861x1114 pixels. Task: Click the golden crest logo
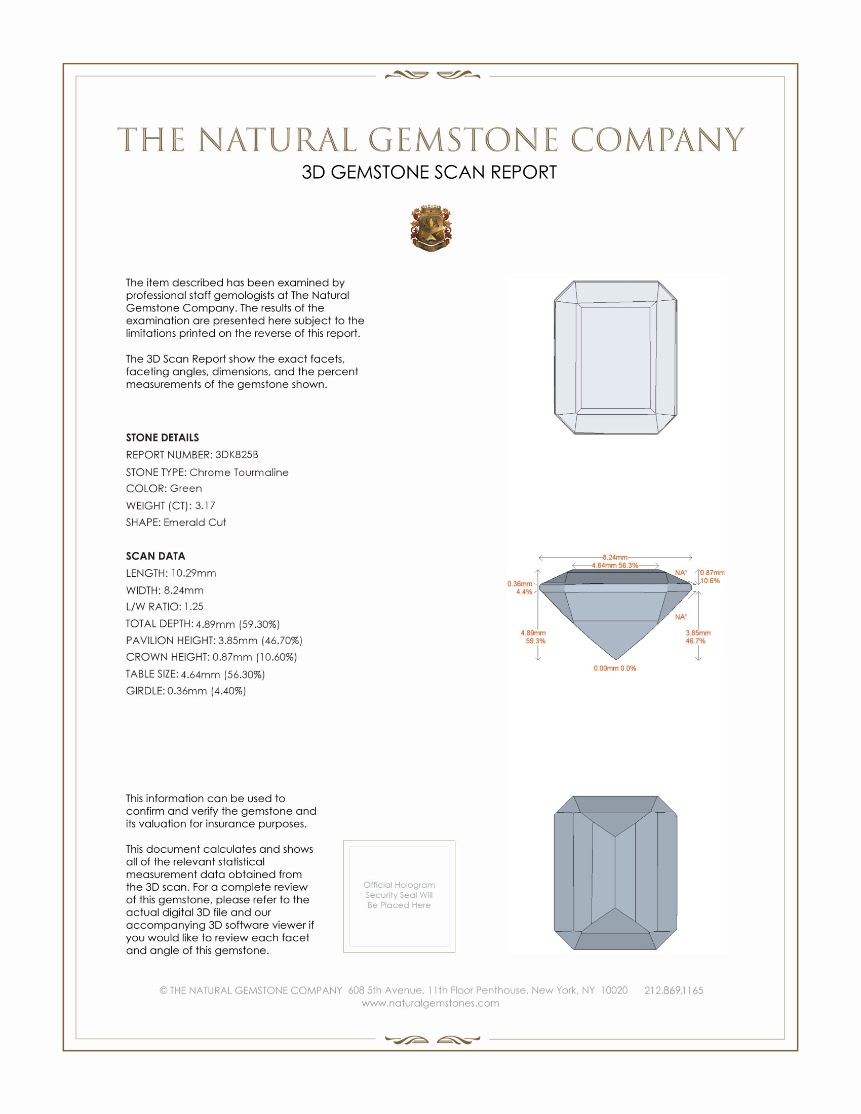(430, 228)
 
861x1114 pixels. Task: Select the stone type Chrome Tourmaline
(239, 472)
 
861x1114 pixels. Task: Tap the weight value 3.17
(205, 505)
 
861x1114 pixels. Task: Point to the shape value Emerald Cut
(195, 523)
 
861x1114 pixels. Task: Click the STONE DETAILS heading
(162, 437)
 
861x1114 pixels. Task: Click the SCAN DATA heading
(155, 556)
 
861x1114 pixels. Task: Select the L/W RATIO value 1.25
(194, 607)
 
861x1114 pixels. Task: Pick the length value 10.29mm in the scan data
(193, 573)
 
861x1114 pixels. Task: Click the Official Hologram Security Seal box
(399, 896)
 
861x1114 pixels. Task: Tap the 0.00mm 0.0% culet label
(615, 668)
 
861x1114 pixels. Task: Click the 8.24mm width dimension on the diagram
(615, 558)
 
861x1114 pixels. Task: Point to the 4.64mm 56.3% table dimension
(615, 565)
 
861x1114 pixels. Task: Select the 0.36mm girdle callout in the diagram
(520, 584)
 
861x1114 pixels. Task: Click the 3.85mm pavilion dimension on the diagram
(698, 633)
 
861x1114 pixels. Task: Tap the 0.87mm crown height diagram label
(712, 573)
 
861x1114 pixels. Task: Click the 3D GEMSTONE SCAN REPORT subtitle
(429, 172)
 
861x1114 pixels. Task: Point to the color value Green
(186, 489)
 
